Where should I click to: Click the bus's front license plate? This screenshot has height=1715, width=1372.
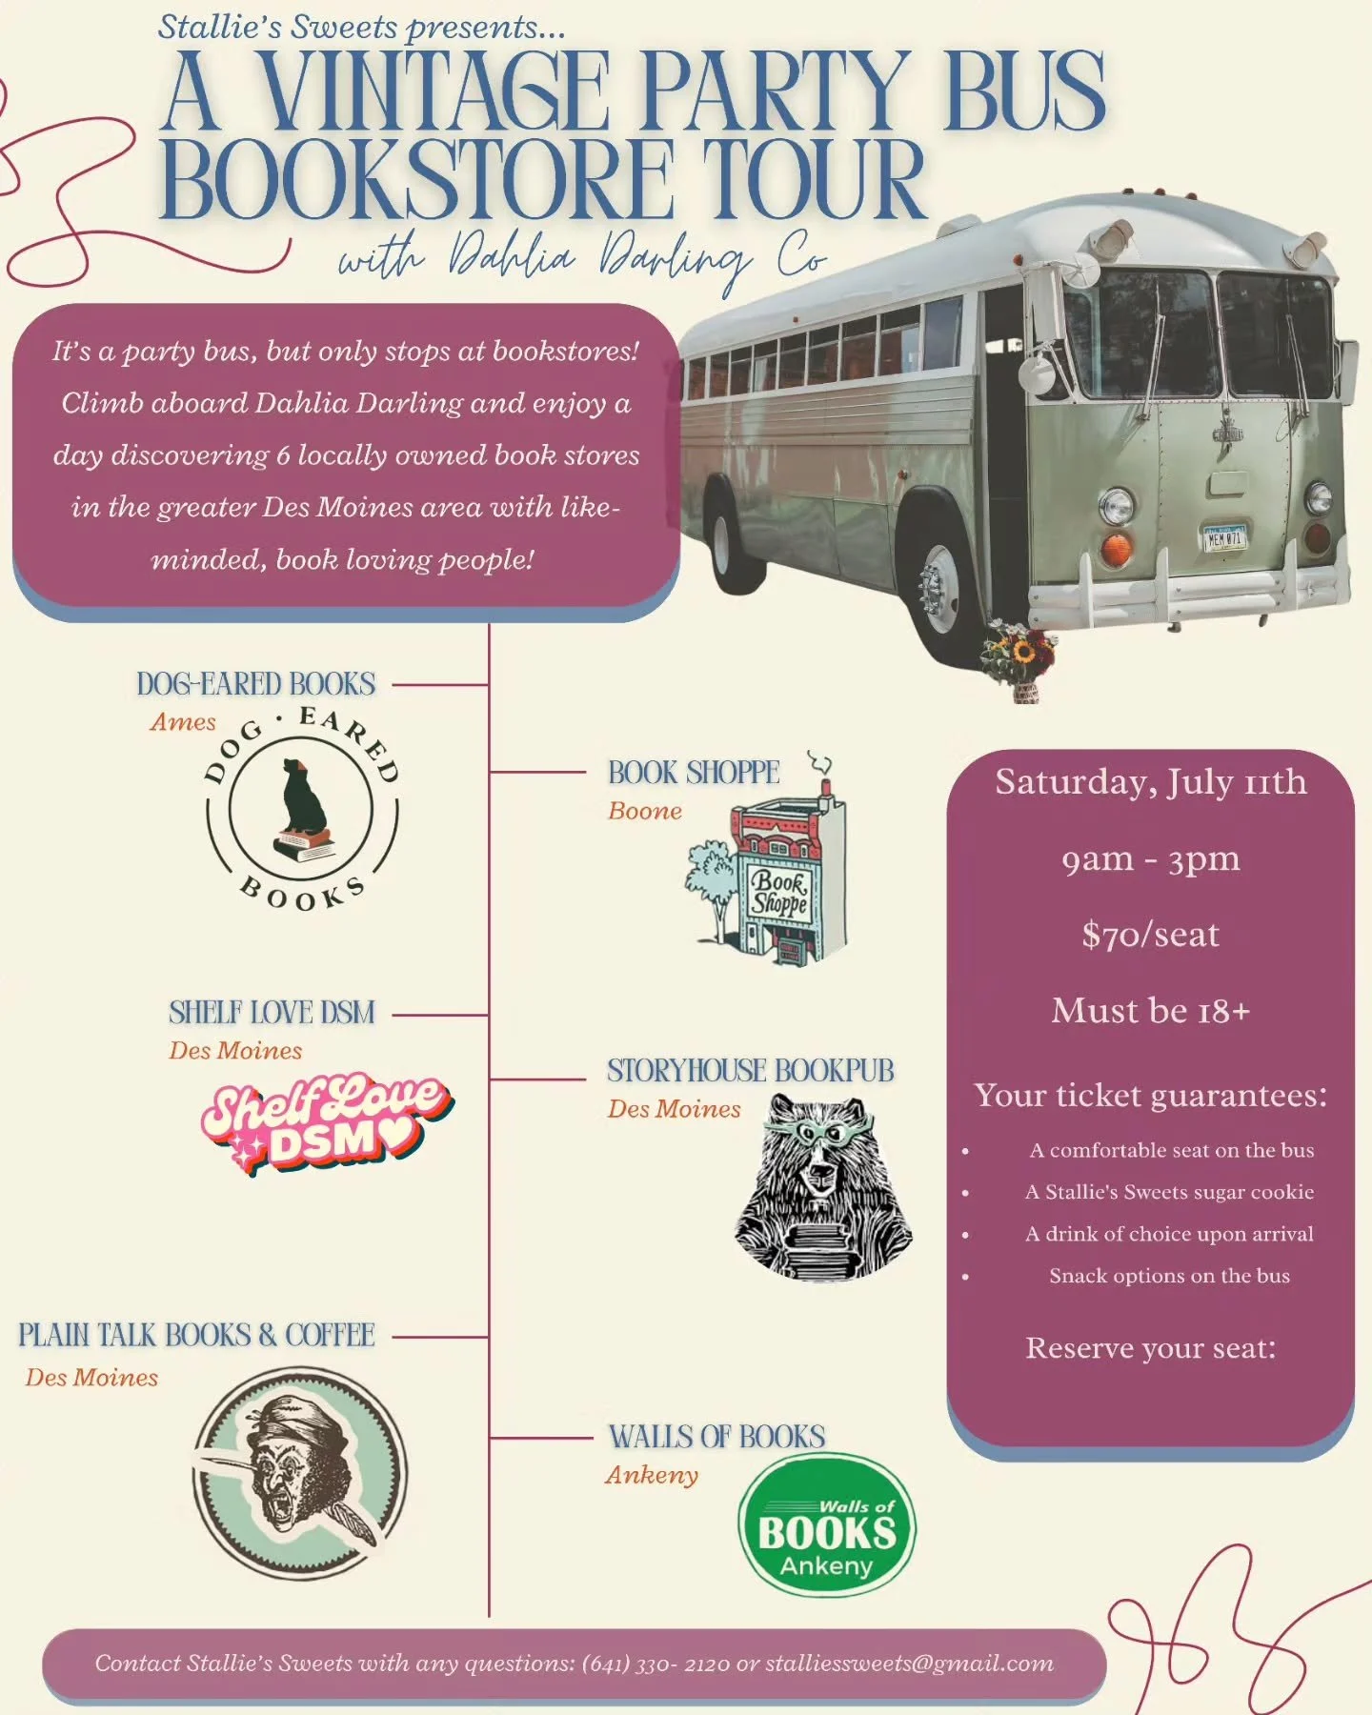click(x=1223, y=538)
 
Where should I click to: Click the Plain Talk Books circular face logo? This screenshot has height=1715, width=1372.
click(x=300, y=1472)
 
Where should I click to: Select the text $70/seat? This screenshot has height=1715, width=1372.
click(x=1150, y=935)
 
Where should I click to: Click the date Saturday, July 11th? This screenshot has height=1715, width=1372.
click(x=1150, y=782)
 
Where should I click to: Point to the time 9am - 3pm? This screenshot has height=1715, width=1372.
click(x=1150, y=859)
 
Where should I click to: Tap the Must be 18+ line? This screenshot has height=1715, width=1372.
click(x=1150, y=1011)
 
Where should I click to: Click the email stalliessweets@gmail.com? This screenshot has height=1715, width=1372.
click(x=909, y=1663)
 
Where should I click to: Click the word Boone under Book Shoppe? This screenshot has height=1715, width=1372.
click(x=645, y=811)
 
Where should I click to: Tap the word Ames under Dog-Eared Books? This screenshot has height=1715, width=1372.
click(x=183, y=722)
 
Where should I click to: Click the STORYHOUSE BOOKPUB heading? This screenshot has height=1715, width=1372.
click(x=751, y=1071)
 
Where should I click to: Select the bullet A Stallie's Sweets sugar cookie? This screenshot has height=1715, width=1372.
click(x=1169, y=1192)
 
